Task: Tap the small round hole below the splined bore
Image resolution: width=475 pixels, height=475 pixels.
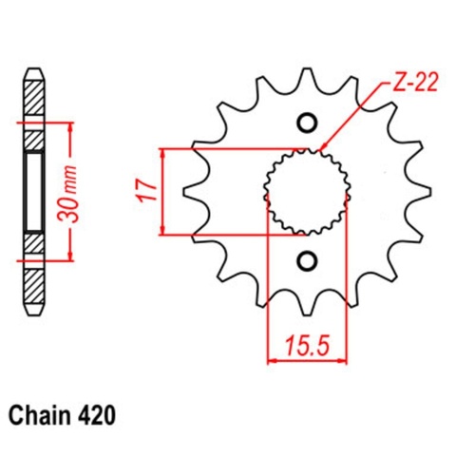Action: click(307, 260)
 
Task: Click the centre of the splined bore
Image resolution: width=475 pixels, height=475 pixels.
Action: click(307, 191)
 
